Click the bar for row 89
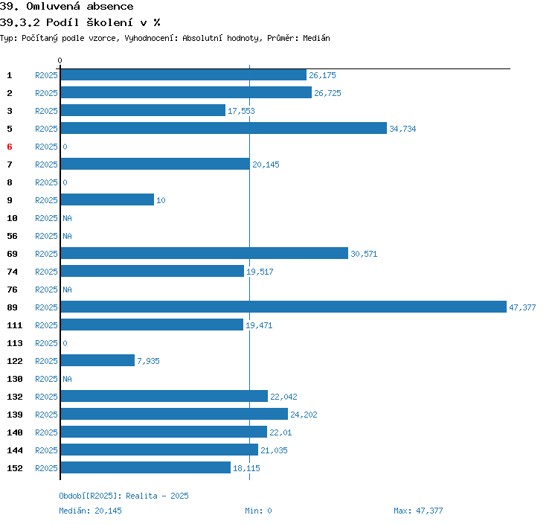point(283,307)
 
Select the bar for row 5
point(223,128)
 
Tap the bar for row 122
point(97,360)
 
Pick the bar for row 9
point(107,199)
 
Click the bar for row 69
point(204,253)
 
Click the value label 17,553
point(242,111)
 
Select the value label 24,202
point(304,415)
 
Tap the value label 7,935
point(148,361)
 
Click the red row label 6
point(10,147)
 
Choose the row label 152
point(14,468)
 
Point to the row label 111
point(14,325)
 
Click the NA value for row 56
point(67,236)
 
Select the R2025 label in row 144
point(46,450)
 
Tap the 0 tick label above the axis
point(60,60)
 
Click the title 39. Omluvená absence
point(67,7)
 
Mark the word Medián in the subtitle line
point(316,38)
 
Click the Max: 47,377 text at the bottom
point(418,511)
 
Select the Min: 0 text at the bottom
point(258,511)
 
